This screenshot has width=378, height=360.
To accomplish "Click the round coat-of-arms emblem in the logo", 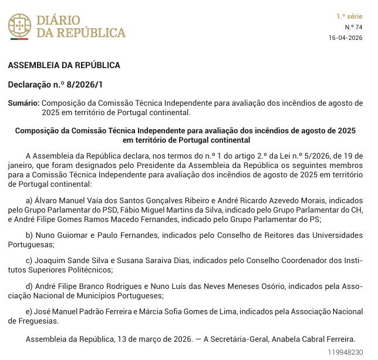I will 19,26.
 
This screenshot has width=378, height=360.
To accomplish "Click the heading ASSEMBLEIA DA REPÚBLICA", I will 64,65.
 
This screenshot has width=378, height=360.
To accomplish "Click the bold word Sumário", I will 23,103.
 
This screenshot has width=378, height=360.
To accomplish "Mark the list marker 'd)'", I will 31,286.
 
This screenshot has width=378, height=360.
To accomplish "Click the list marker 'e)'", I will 31,311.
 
